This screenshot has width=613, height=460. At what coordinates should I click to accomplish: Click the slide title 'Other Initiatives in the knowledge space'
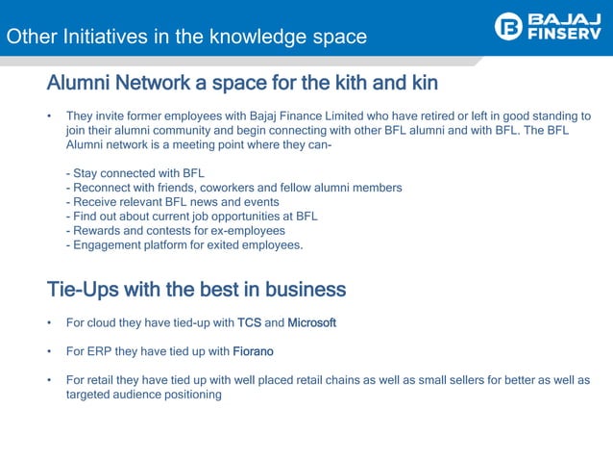186,38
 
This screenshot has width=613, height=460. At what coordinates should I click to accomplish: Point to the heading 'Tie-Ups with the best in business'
196,289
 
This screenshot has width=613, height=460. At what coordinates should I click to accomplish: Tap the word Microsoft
312,322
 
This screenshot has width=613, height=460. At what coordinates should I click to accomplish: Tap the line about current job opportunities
191,217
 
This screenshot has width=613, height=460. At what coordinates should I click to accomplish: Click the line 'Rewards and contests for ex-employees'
175,231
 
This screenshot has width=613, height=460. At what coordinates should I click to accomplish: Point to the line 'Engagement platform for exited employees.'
184,245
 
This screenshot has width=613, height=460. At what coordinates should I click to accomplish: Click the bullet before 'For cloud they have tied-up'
49,323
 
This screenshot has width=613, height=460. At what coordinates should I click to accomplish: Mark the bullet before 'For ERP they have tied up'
49,352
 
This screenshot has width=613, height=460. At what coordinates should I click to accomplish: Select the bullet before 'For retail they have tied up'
49,381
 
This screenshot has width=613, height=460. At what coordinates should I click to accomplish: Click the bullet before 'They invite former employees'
49,117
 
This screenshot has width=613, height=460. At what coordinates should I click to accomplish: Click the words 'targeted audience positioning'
143,395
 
